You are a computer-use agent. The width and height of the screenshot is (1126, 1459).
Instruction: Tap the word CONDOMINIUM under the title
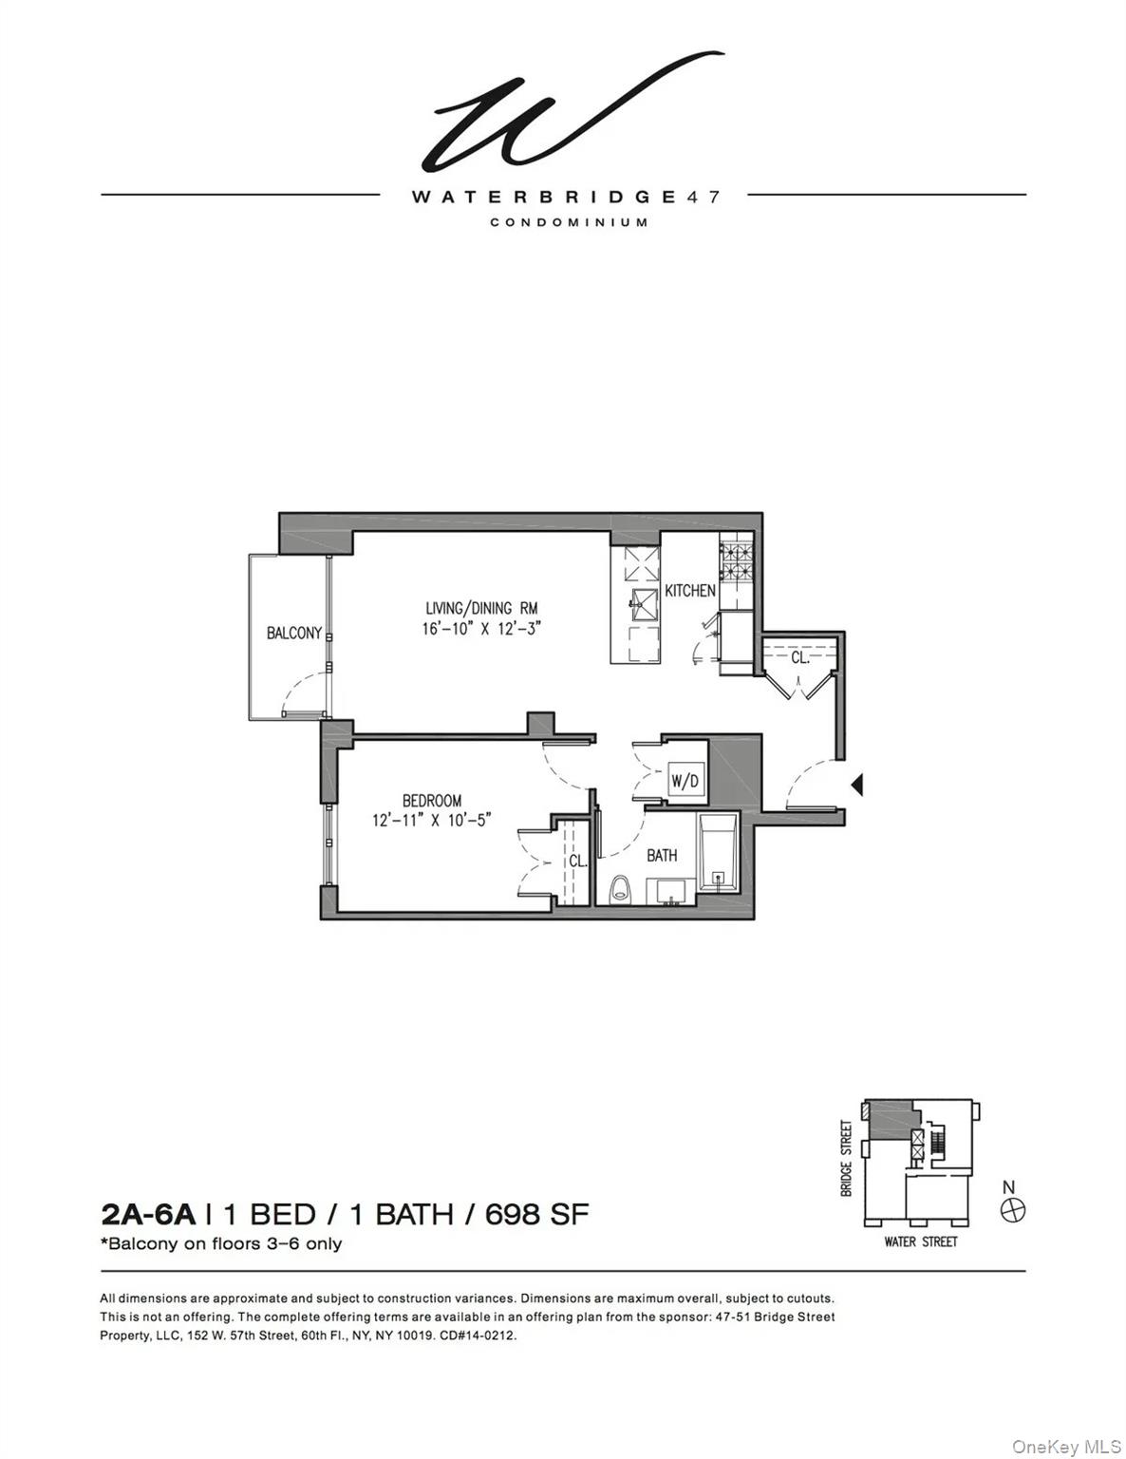point(569,222)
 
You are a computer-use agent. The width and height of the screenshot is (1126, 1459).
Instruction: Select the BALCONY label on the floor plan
point(293,633)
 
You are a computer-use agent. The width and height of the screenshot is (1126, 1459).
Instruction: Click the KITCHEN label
point(689,591)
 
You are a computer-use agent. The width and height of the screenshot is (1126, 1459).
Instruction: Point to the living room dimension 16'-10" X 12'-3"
point(481,628)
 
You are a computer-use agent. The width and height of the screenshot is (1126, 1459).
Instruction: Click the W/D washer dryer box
point(685,782)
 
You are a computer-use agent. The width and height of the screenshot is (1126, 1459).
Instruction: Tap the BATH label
point(662,855)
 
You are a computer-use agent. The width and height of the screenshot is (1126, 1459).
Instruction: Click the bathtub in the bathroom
point(719,852)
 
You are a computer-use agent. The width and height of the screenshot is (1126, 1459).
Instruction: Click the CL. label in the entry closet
point(800,656)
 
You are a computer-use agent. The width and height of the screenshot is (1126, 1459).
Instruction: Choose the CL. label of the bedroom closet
point(577,862)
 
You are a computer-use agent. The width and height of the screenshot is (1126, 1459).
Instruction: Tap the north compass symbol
point(1014,1210)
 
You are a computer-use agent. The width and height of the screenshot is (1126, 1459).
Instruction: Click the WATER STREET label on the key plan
point(920,1241)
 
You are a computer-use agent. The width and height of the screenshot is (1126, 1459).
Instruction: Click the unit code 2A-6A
point(148,1214)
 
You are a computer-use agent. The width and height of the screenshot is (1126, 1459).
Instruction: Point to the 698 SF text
point(537,1214)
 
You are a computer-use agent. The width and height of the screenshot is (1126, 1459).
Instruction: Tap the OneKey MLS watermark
point(1065,1446)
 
